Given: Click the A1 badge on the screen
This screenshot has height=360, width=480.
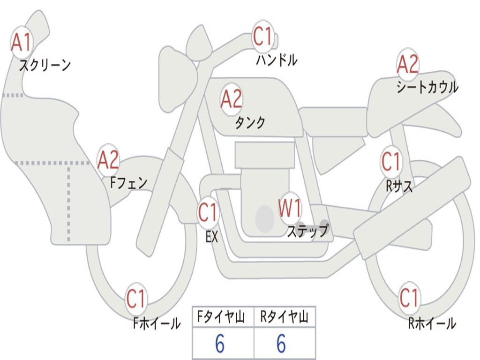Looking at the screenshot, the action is point(22,42).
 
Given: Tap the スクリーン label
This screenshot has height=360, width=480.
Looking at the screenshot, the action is point(45,65).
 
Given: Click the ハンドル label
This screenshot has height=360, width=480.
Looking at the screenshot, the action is point(277,60).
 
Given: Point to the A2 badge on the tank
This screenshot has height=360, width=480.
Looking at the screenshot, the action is point(232,99).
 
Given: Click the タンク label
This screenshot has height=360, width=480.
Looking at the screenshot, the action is point(250,122).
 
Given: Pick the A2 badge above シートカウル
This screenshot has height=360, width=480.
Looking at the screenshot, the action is point(407,64).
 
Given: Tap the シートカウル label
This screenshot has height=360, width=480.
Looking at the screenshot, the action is point(427,87).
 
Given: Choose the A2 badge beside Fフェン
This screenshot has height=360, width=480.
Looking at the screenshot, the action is point(108,160).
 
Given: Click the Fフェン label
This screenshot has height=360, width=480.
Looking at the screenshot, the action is point(128,183).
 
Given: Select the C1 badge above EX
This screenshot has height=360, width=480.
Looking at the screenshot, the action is point(208,212).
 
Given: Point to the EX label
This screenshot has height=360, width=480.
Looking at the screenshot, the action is point(212,237).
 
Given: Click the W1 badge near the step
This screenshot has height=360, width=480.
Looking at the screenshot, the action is point(289,208).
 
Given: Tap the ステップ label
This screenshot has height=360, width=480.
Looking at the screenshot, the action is point(307,231).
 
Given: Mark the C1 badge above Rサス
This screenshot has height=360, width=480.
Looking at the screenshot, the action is point(391,161).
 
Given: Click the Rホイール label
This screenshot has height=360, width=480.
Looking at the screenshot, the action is point(432,323).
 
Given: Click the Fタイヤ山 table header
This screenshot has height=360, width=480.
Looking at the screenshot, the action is point(221,317).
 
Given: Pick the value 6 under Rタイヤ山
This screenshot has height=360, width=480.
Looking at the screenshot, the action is point(281,344).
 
